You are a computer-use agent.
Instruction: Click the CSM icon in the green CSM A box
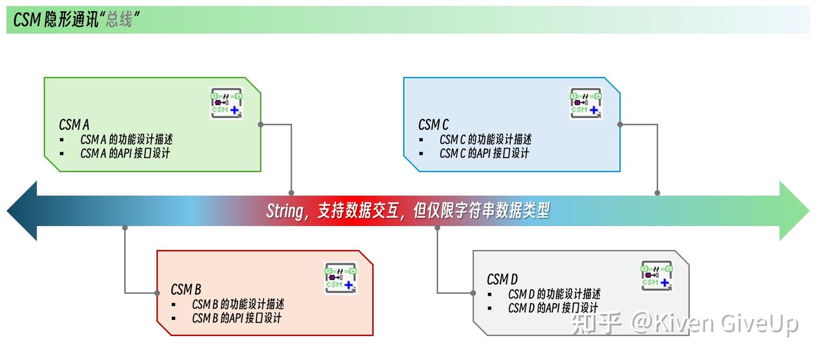(227, 103)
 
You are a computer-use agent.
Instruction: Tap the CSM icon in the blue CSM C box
(586, 103)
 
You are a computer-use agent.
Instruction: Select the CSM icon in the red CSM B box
(341, 277)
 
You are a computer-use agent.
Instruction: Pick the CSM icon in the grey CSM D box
(657, 276)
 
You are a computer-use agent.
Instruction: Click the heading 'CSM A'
(74, 124)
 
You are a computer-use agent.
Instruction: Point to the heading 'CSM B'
(186, 289)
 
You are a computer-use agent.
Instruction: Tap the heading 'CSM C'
(433, 124)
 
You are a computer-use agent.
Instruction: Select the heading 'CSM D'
(502, 279)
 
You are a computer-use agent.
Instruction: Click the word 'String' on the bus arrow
(284, 211)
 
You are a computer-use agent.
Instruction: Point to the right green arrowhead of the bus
(794, 211)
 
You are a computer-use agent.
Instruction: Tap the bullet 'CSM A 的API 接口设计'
(125, 153)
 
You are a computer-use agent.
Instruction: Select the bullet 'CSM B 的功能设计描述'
(237, 304)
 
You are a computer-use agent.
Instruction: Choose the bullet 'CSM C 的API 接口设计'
(484, 153)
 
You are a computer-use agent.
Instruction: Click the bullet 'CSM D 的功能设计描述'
(553, 294)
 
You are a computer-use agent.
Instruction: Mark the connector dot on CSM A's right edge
(261, 124)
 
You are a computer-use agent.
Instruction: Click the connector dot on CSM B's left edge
(157, 293)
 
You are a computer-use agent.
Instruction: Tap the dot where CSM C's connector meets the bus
(657, 194)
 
